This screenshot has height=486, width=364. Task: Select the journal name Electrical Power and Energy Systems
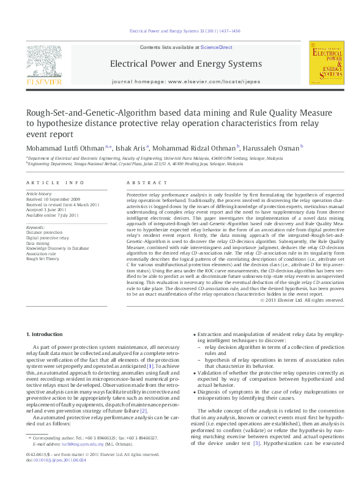click(x=185, y=64)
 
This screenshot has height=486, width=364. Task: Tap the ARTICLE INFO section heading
click(x=55, y=183)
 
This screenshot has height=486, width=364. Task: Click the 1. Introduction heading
click(x=46, y=334)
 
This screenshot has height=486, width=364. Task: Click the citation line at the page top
click(x=185, y=31)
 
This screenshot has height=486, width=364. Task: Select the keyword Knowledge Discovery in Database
click(x=57, y=248)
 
